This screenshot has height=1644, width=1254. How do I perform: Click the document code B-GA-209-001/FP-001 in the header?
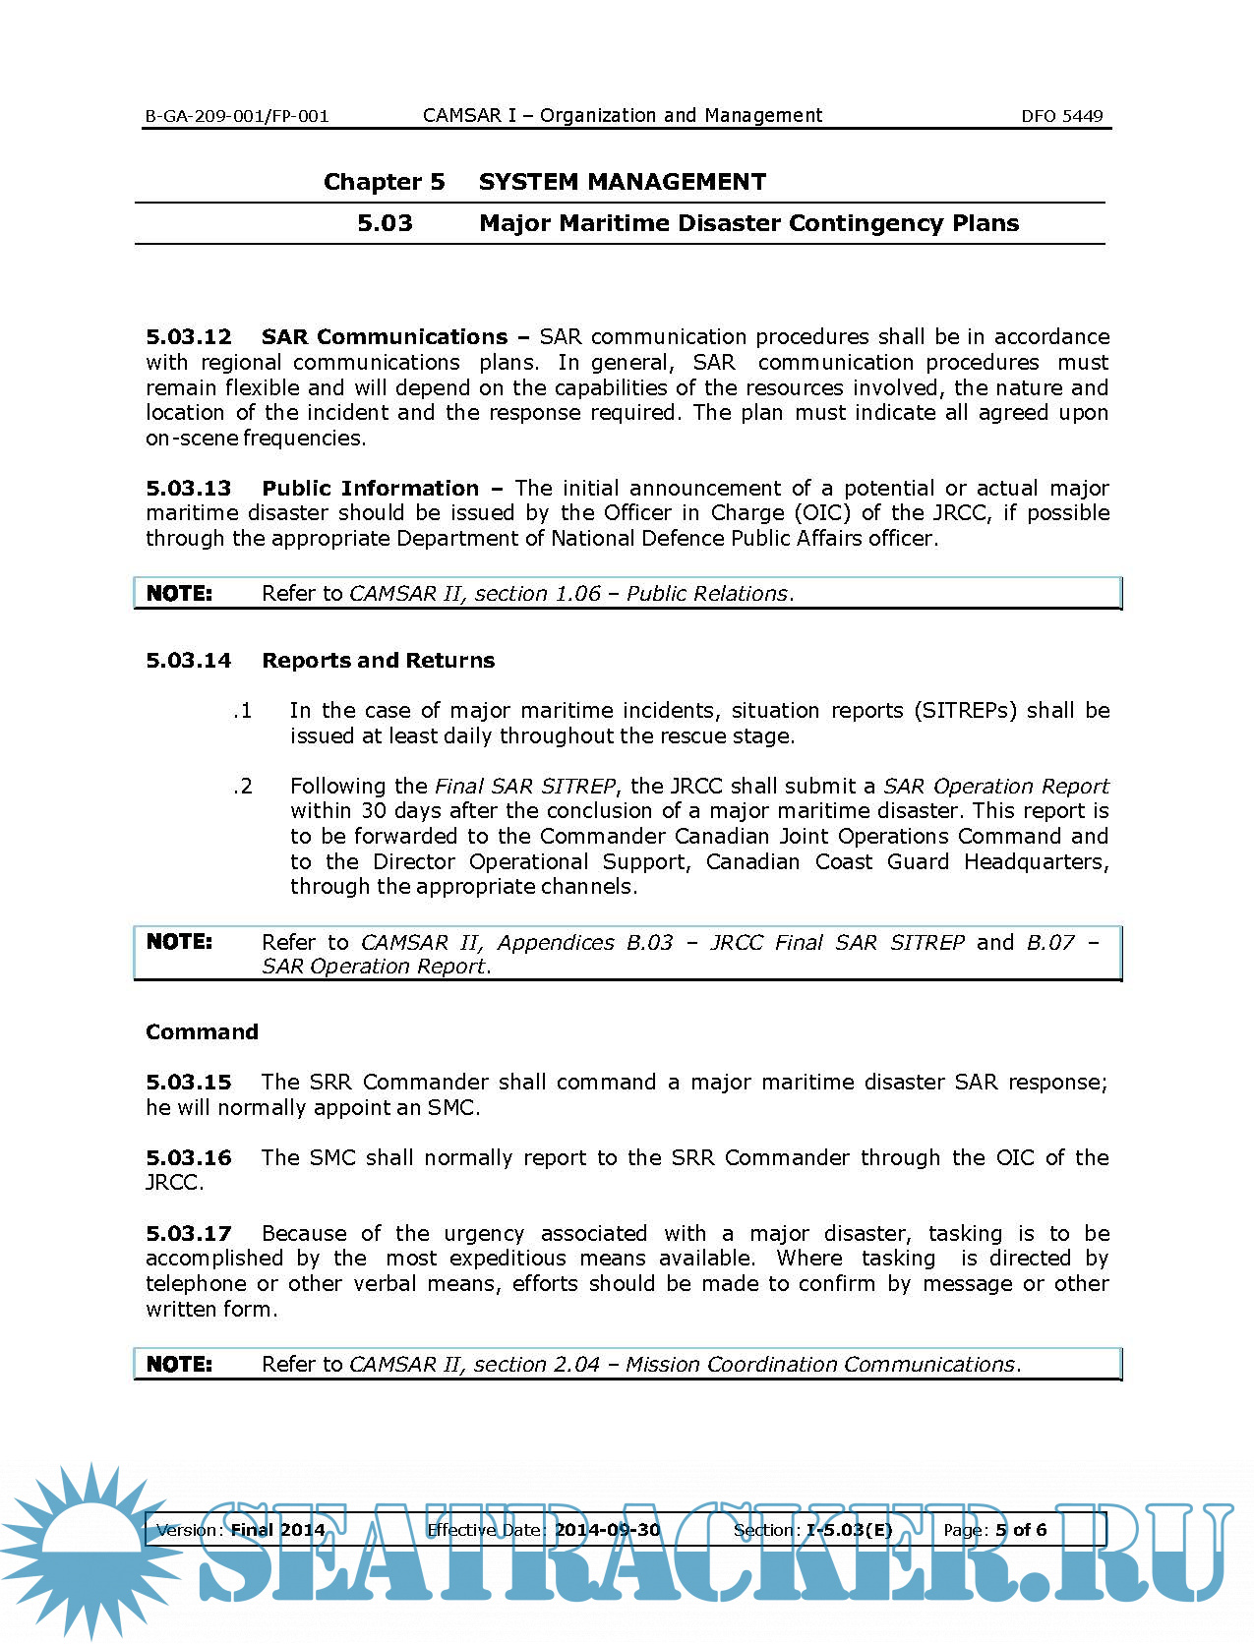237,116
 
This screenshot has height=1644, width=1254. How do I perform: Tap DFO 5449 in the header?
1061,116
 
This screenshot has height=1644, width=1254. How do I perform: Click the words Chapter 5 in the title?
384,182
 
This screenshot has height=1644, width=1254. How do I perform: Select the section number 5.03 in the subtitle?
385,223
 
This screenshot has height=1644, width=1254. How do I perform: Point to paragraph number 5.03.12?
189,337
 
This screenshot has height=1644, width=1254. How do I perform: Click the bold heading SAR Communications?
385,337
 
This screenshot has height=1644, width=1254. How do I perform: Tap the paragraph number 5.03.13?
189,489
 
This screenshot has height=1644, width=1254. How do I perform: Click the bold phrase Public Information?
370,489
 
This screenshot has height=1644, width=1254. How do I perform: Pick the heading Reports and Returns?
378,661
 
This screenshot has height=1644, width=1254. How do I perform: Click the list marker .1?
243,711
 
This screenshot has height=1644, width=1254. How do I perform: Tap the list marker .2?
243,787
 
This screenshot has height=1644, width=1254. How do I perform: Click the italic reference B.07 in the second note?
1050,943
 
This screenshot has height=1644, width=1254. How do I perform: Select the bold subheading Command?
202,1032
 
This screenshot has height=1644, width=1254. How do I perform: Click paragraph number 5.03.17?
189,1234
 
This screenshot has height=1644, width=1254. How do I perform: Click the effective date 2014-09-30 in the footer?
607,1530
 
